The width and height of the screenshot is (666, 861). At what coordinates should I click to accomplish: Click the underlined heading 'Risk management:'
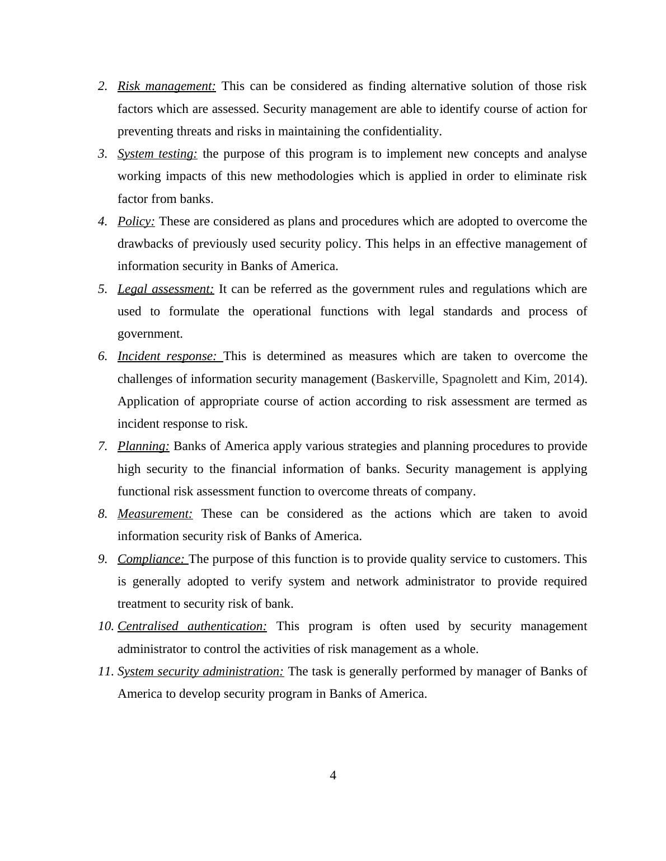click(x=166, y=86)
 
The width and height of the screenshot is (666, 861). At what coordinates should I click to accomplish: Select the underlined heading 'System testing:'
click(x=157, y=154)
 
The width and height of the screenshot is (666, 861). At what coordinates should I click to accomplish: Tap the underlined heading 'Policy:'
click(x=136, y=221)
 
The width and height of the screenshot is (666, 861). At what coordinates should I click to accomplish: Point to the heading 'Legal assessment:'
click(x=166, y=289)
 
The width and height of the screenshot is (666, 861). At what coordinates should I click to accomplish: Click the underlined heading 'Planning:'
click(x=143, y=446)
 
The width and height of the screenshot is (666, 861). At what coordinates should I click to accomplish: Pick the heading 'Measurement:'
click(x=155, y=514)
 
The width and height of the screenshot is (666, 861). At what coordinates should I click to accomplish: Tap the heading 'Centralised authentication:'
click(x=192, y=626)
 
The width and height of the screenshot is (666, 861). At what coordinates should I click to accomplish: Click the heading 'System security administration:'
click(x=200, y=671)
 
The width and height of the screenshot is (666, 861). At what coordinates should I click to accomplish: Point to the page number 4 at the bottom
click(x=333, y=775)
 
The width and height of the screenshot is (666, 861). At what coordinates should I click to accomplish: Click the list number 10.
click(x=106, y=626)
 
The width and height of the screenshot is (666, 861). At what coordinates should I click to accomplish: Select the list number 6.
click(x=102, y=356)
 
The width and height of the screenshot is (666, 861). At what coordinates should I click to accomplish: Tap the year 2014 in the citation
click(x=566, y=379)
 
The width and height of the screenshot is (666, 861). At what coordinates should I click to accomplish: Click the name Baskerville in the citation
click(x=406, y=379)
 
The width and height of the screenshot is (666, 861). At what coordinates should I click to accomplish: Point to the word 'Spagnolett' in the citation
click(x=470, y=379)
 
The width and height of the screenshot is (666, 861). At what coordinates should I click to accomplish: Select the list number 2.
click(x=102, y=86)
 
